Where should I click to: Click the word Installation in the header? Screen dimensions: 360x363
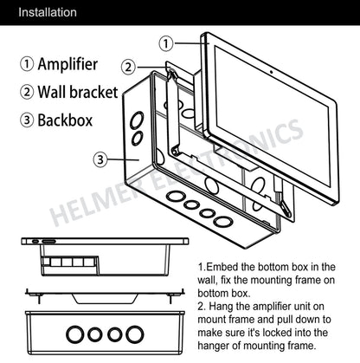(48, 12)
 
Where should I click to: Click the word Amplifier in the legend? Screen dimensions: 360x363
(67, 64)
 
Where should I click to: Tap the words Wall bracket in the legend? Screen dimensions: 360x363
(78, 92)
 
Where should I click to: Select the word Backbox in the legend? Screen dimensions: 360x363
(65, 120)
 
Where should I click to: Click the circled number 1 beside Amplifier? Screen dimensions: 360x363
(27, 64)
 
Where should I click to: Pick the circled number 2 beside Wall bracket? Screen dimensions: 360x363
(27, 92)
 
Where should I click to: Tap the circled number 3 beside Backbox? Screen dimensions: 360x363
(27, 120)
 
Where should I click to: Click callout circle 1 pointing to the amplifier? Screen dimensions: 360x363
(166, 43)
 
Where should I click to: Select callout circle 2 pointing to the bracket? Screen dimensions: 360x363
(129, 67)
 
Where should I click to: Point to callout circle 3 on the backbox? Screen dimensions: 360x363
(100, 159)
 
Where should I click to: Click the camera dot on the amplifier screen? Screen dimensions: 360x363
(271, 72)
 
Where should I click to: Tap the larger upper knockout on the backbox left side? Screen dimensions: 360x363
(137, 120)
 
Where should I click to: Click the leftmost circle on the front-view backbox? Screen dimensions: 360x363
(75, 334)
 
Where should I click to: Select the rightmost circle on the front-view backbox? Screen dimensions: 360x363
(135, 334)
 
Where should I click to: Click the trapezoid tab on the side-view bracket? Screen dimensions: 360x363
(105, 299)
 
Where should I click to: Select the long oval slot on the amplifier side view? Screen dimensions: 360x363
(48, 241)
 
